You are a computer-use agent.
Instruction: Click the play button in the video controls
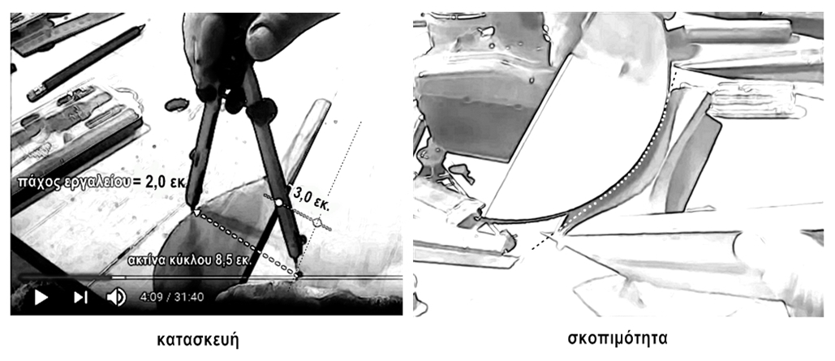(41, 297)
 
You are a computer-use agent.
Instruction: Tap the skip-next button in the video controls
(80, 297)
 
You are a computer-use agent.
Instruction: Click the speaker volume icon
(116, 297)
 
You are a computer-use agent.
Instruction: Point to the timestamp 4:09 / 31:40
(171, 297)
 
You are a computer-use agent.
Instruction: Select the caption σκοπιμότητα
(618, 338)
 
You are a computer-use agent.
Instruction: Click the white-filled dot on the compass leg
(278, 202)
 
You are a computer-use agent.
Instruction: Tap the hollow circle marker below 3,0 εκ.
(318, 222)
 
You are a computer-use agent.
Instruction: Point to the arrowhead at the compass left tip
(197, 213)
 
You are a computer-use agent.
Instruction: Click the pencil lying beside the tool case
(85, 62)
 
